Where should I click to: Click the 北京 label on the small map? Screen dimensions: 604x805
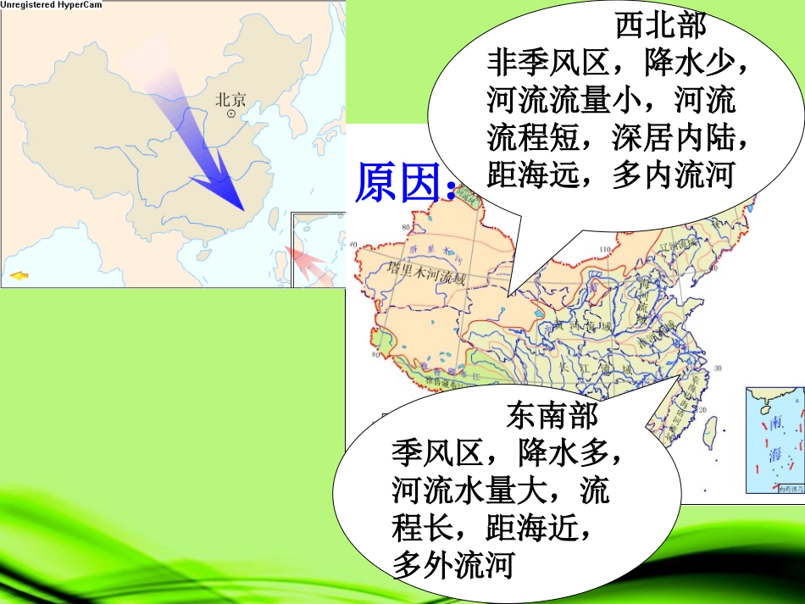(230, 99)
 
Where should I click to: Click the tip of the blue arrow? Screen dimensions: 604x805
(243, 208)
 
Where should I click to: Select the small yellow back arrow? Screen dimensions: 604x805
(17, 275)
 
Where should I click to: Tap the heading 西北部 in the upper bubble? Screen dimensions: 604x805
(660, 26)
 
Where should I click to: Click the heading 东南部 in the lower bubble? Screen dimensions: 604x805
(552, 415)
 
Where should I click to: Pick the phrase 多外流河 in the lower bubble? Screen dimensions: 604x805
(453, 565)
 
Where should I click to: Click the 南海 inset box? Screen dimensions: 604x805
(774, 440)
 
